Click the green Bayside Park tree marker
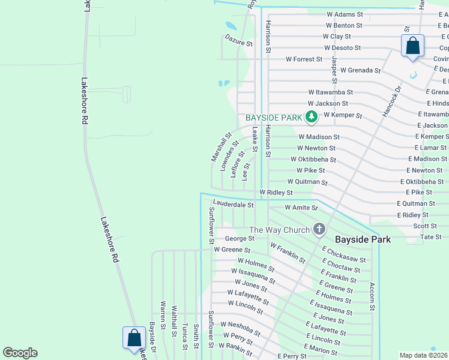[311, 116]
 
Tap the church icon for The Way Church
[319, 229]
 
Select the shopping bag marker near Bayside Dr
[134, 338]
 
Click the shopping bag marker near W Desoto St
[412, 46]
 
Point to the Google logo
[20, 353]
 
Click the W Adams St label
[345, 14]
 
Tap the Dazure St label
[238, 43]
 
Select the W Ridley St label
[276, 193]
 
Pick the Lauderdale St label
[234, 205]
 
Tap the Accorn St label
[372, 296]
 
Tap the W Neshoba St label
[240, 328]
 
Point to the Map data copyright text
[423, 355]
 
